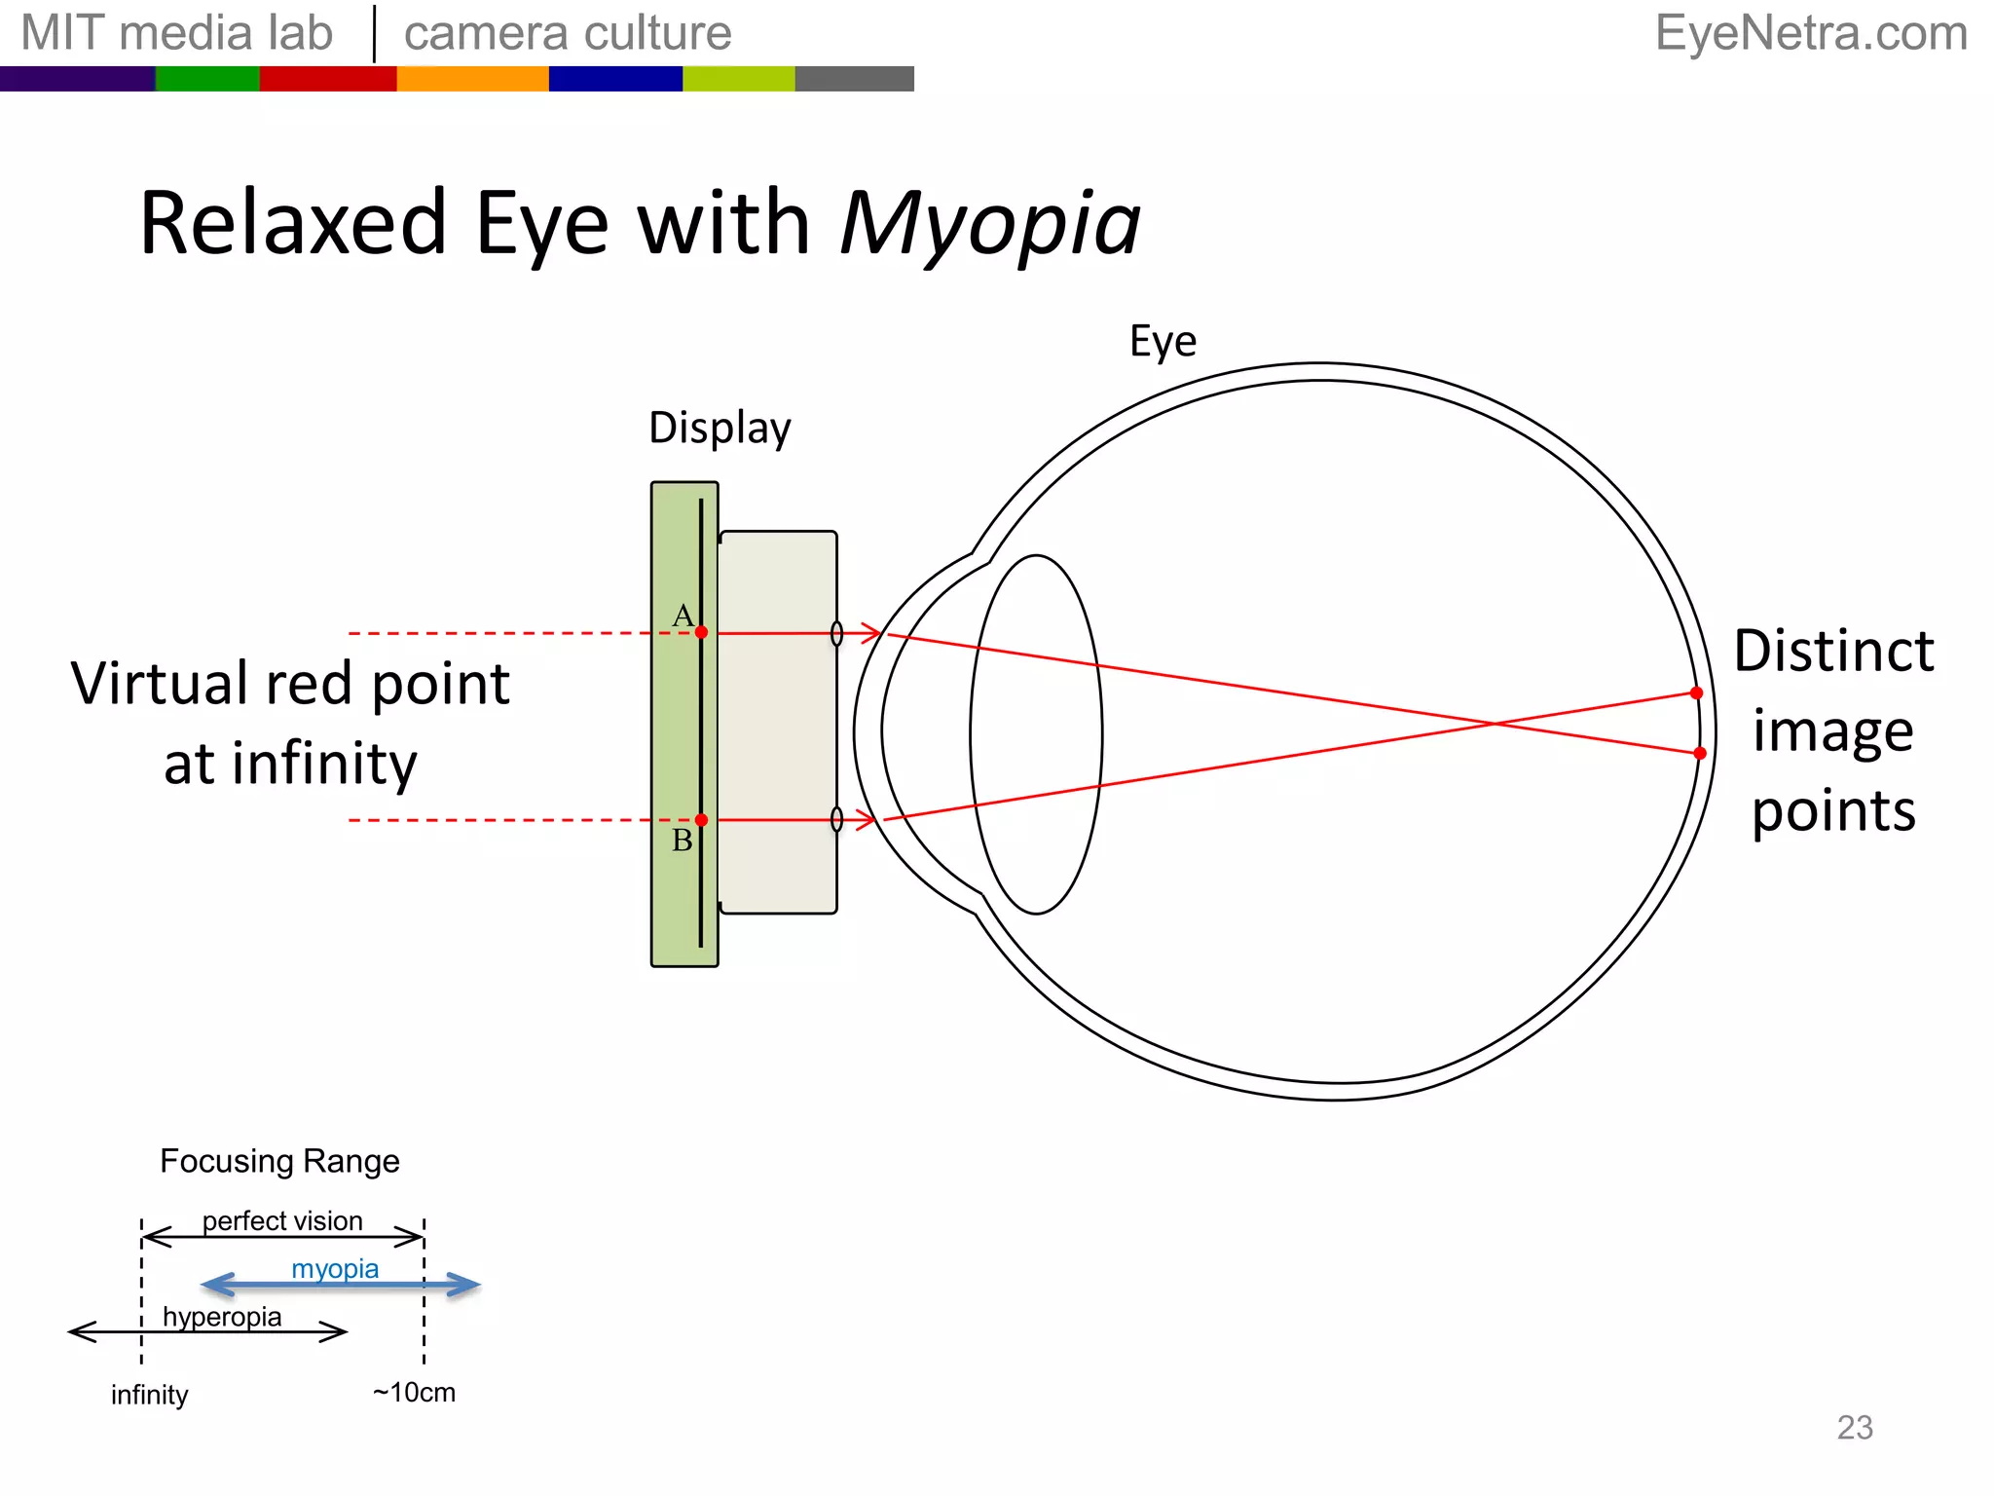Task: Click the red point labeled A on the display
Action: tap(701, 632)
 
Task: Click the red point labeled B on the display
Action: tap(701, 820)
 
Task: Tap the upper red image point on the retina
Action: tap(1696, 692)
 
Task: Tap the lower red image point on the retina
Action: tap(1700, 753)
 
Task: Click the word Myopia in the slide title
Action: tap(989, 225)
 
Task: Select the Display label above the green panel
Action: tap(720, 429)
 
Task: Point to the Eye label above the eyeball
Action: tap(1163, 342)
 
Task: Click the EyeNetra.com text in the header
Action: tap(1811, 33)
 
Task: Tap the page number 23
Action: tap(1855, 1428)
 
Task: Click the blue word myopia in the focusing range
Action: tap(335, 1269)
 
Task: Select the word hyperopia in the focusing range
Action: tap(222, 1317)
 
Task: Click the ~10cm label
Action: tap(414, 1393)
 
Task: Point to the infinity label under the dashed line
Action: tap(149, 1395)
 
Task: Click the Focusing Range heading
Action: tap(279, 1161)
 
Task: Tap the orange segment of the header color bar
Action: tap(472, 79)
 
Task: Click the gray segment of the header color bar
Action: tap(854, 79)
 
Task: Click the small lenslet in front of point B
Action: tap(836, 820)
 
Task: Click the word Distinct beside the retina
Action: tap(1833, 652)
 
